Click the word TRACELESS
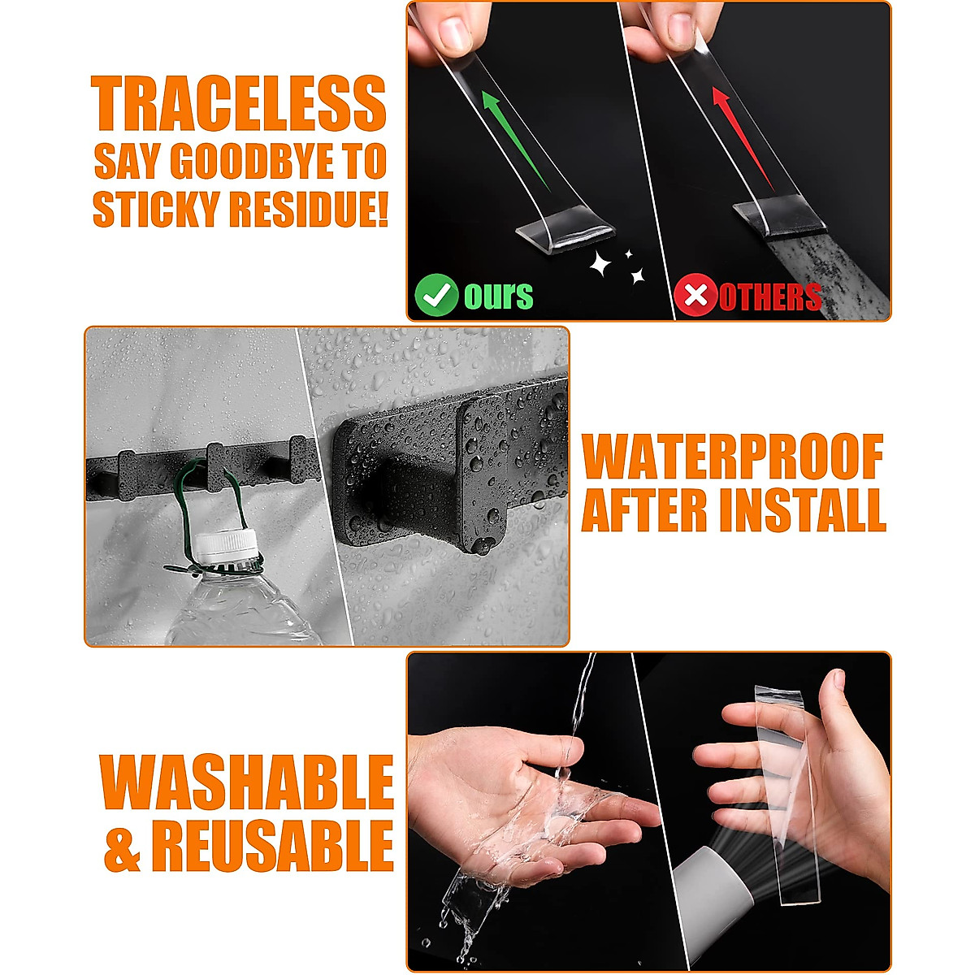click(238, 103)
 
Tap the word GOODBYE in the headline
click(255, 162)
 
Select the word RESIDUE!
click(308, 209)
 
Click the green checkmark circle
click(436, 295)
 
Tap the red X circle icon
click(695, 295)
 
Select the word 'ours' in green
click(499, 296)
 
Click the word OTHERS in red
click(770, 297)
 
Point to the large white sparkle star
click(600, 263)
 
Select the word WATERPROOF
click(733, 457)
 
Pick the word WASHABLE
click(246, 782)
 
